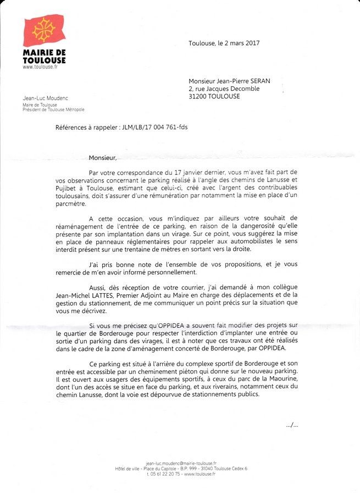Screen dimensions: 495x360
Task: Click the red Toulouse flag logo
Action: pyautogui.click(x=44, y=31)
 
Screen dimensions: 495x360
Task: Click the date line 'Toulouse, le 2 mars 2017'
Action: pyautogui.click(x=224, y=43)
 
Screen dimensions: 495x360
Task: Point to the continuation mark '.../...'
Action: pyautogui.click(x=293, y=425)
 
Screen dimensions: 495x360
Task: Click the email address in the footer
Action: pyautogui.click(x=181, y=463)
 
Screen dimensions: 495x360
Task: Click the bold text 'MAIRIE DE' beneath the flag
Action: pyautogui.click(x=44, y=52)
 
